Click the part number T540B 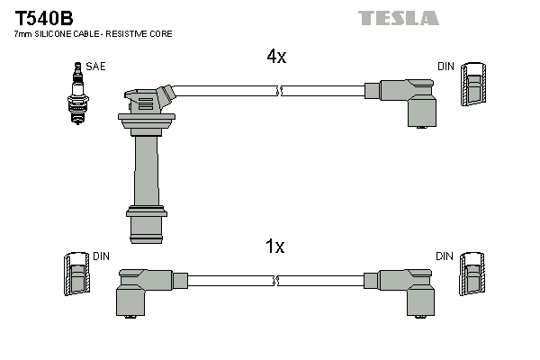point(41,16)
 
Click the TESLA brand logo point(399,18)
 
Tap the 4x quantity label point(275,56)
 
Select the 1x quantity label point(275,247)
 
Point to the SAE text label point(94,67)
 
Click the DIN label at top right point(445,67)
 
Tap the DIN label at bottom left point(102,256)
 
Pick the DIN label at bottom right point(445,256)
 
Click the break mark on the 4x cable point(281,91)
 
